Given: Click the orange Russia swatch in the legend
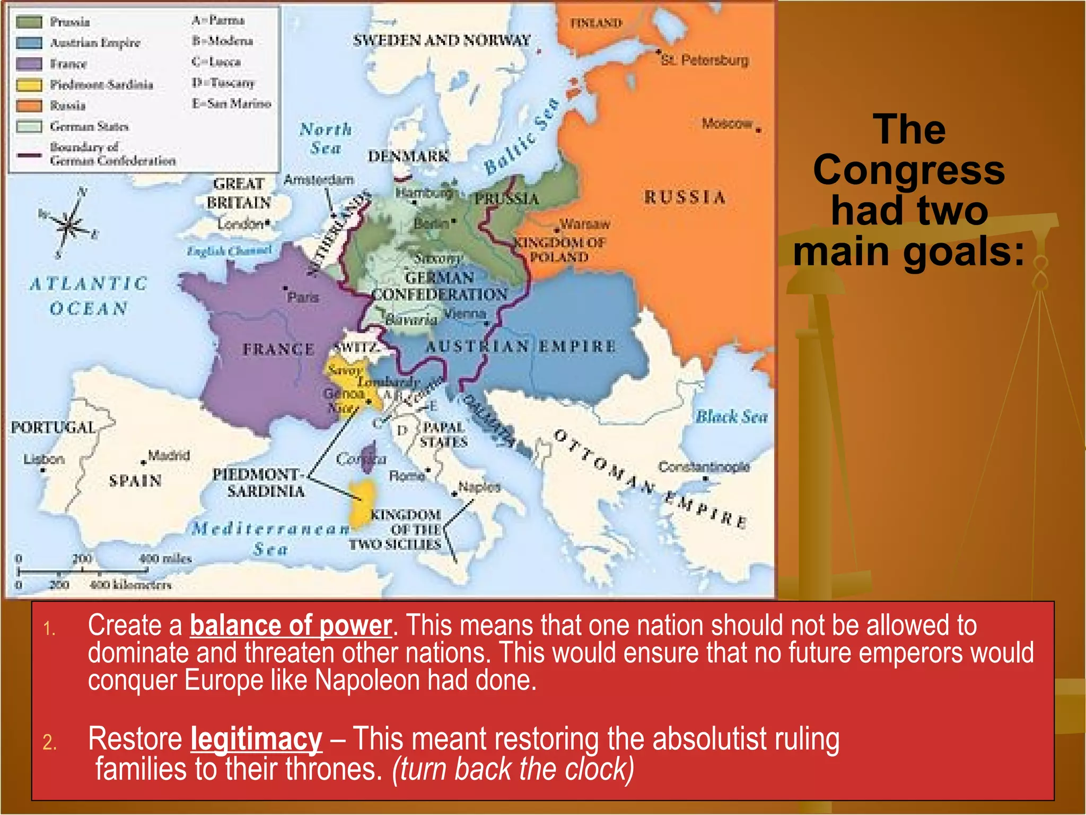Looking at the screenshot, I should coord(29,106).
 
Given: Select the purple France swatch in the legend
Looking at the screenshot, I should coord(29,64).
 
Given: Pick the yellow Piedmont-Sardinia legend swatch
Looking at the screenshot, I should coord(29,85).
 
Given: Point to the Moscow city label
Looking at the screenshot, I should coord(727,124).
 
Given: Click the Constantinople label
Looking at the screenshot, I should coord(704,467).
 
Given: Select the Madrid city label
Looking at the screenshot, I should coord(169,455).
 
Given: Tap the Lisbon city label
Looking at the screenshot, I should coord(44,459).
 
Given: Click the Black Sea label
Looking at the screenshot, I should coord(731,417).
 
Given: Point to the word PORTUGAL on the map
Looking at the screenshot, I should coord(53,428).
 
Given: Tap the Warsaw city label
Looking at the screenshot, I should coord(585,224).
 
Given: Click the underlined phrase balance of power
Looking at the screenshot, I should coord(291,626).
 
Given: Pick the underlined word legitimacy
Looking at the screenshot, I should coord(256,739).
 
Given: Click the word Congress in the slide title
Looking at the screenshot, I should coord(909,170).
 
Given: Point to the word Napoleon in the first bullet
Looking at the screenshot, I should coord(367,680).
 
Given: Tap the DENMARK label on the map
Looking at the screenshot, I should coord(408,157).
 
